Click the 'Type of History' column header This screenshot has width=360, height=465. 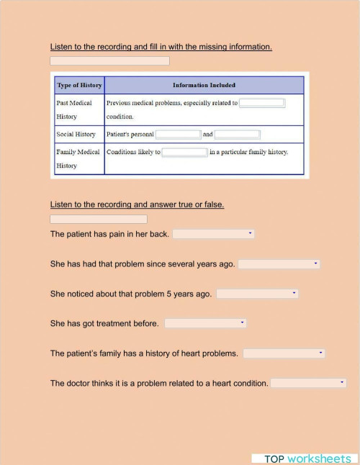pyautogui.click(x=79, y=86)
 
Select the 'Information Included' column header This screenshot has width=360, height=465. pyautogui.click(x=204, y=86)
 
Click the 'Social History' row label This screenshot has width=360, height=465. pyautogui.click(x=76, y=135)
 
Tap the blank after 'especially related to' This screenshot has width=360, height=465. pyautogui.click(x=262, y=103)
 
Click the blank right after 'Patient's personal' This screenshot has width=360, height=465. pyautogui.click(x=178, y=135)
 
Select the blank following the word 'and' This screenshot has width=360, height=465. pyautogui.click(x=237, y=135)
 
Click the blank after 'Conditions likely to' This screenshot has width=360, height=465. pyautogui.click(x=185, y=153)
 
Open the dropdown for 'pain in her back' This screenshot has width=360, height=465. pyautogui.click(x=213, y=234)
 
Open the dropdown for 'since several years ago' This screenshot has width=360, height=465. pyautogui.click(x=279, y=264)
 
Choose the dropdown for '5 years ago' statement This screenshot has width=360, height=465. pyautogui.click(x=257, y=294)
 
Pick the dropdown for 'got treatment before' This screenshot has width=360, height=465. pyautogui.click(x=205, y=323)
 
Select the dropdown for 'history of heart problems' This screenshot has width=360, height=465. pyautogui.click(x=284, y=353)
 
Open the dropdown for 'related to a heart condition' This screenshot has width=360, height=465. pyautogui.click(x=308, y=383)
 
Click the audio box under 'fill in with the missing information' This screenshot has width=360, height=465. pyautogui.click(x=109, y=61)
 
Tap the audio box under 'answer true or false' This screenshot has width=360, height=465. pyautogui.click(x=99, y=219)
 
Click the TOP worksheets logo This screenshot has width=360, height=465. pyautogui.click(x=307, y=459)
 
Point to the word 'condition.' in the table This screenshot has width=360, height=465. pyautogui.click(x=120, y=117)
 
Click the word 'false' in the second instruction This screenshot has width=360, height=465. pyautogui.click(x=214, y=204)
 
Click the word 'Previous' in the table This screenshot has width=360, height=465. pyautogui.click(x=120, y=103)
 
